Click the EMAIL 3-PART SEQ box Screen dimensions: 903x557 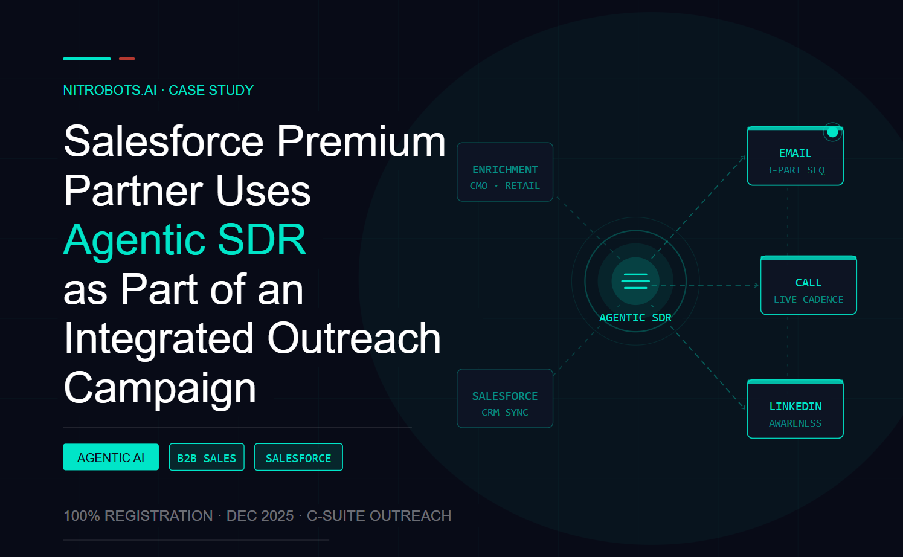coord(795,156)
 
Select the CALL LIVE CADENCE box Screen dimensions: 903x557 coord(808,285)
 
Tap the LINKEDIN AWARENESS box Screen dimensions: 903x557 coord(795,409)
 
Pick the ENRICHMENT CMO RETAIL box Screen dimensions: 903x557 coord(505,172)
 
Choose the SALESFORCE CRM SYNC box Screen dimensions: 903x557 coord(505,399)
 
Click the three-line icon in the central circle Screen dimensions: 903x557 coord(636,281)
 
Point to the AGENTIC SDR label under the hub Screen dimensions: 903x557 coord(635,318)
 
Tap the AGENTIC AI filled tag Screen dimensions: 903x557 coord(111,457)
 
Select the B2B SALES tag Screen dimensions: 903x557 coord(207,457)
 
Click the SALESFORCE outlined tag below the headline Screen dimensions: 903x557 coord(298,457)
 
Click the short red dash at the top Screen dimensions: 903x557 coord(127,59)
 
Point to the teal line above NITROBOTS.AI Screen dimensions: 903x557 coord(86,59)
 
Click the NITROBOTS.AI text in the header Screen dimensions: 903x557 coord(110,91)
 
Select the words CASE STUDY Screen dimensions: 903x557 coord(211,91)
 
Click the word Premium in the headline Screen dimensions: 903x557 coord(361,141)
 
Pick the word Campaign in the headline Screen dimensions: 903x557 coord(159,388)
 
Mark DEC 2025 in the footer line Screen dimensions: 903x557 coord(260,516)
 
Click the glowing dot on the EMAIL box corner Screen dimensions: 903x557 coord(832,132)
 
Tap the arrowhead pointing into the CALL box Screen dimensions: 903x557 coord(757,285)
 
